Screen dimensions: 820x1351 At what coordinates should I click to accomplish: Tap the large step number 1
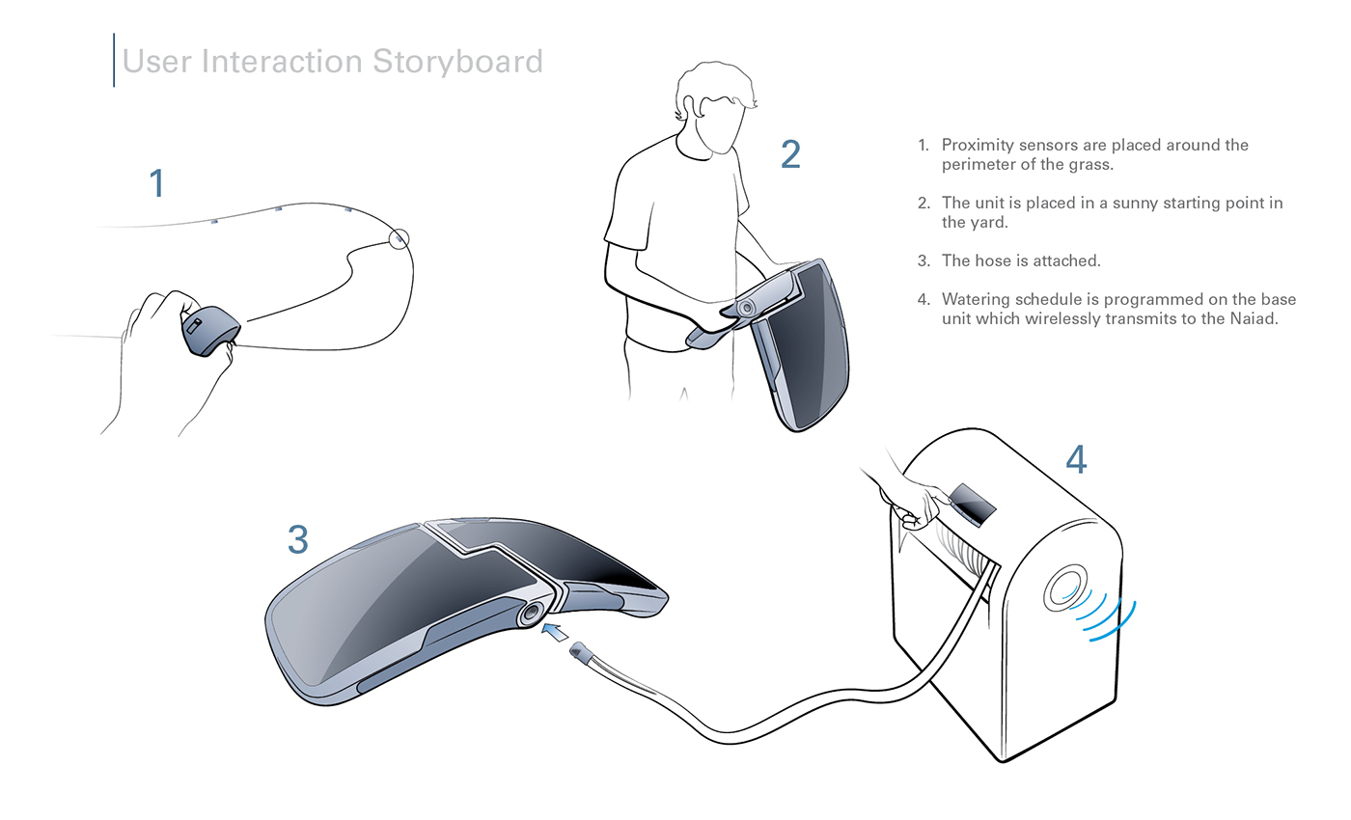point(156,183)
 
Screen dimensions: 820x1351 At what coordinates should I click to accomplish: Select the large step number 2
point(790,154)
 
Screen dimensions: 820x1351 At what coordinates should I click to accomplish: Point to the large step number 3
point(297,540)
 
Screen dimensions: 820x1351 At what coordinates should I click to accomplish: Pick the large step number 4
point(1076,460)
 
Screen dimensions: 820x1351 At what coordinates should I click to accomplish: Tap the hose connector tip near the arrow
point(581,652)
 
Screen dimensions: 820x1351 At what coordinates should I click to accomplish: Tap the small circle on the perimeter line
point(399,238)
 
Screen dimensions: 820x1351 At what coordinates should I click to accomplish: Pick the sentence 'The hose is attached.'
point(1021,260)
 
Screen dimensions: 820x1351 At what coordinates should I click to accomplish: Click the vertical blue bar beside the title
point(114,60)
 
